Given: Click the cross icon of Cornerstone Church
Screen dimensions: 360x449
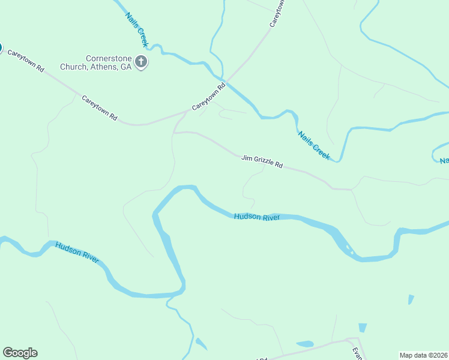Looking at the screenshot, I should pos(141,62).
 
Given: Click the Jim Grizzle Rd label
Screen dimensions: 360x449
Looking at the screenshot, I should pos(262,161).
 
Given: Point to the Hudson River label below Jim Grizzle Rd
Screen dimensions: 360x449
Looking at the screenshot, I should pos(257,217).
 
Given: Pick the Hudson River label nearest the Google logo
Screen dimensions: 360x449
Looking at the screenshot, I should pos(77,253).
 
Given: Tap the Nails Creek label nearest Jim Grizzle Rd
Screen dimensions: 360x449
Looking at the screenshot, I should pos(314,145).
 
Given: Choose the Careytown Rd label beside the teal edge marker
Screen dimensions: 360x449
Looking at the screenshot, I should pos(26,61).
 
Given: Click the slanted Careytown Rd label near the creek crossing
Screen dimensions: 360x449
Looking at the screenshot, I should pos(208,96).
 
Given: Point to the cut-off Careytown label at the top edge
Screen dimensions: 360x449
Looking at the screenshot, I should pos(277,13).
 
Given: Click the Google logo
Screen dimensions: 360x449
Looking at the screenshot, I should pos(20,353).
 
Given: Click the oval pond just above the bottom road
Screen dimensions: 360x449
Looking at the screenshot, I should pos(305,344).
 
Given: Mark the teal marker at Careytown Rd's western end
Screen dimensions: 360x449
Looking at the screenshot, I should pos(1,47).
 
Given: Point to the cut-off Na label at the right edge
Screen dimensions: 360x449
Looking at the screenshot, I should pos(444,161).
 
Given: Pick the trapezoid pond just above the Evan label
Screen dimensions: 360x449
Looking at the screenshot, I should pos(363,328).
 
